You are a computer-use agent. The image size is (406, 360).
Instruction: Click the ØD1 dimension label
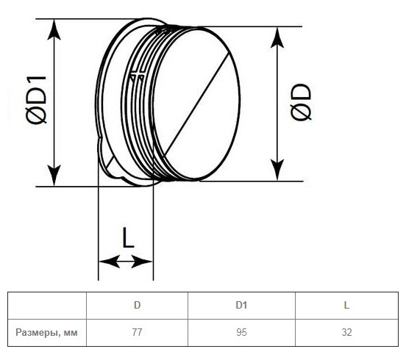coord(36,100)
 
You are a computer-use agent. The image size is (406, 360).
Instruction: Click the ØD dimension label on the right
coord(301,102)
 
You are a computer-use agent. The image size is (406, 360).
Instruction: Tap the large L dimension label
coord(128,237)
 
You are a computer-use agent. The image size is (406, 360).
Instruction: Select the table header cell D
coord(137,305)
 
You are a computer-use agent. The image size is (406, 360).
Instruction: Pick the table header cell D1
coord(241,305)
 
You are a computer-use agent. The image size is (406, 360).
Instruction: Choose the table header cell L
coord(346,305)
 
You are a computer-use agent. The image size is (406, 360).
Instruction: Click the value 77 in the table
coord(137,332)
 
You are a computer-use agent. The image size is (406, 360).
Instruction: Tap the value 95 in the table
coord(241,332)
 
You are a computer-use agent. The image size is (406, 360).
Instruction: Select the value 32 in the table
coord(346,332)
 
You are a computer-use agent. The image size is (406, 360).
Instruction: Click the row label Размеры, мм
coord(46,332)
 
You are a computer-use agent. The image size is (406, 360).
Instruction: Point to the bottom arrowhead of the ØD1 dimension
coord(54,175)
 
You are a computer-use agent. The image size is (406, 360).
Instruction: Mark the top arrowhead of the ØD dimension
coord(277,37)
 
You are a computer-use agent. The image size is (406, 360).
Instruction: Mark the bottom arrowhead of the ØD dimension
coord(277,170)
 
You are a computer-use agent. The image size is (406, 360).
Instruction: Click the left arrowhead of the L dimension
coord(110,262)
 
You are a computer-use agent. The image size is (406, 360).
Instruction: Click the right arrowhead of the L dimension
coord(142,262)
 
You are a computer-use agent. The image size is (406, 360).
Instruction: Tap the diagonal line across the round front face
coord(197,103)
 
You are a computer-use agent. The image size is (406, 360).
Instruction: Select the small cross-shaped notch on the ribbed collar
coord(137,76)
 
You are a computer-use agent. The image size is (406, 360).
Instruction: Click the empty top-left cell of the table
coord(47,306)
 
